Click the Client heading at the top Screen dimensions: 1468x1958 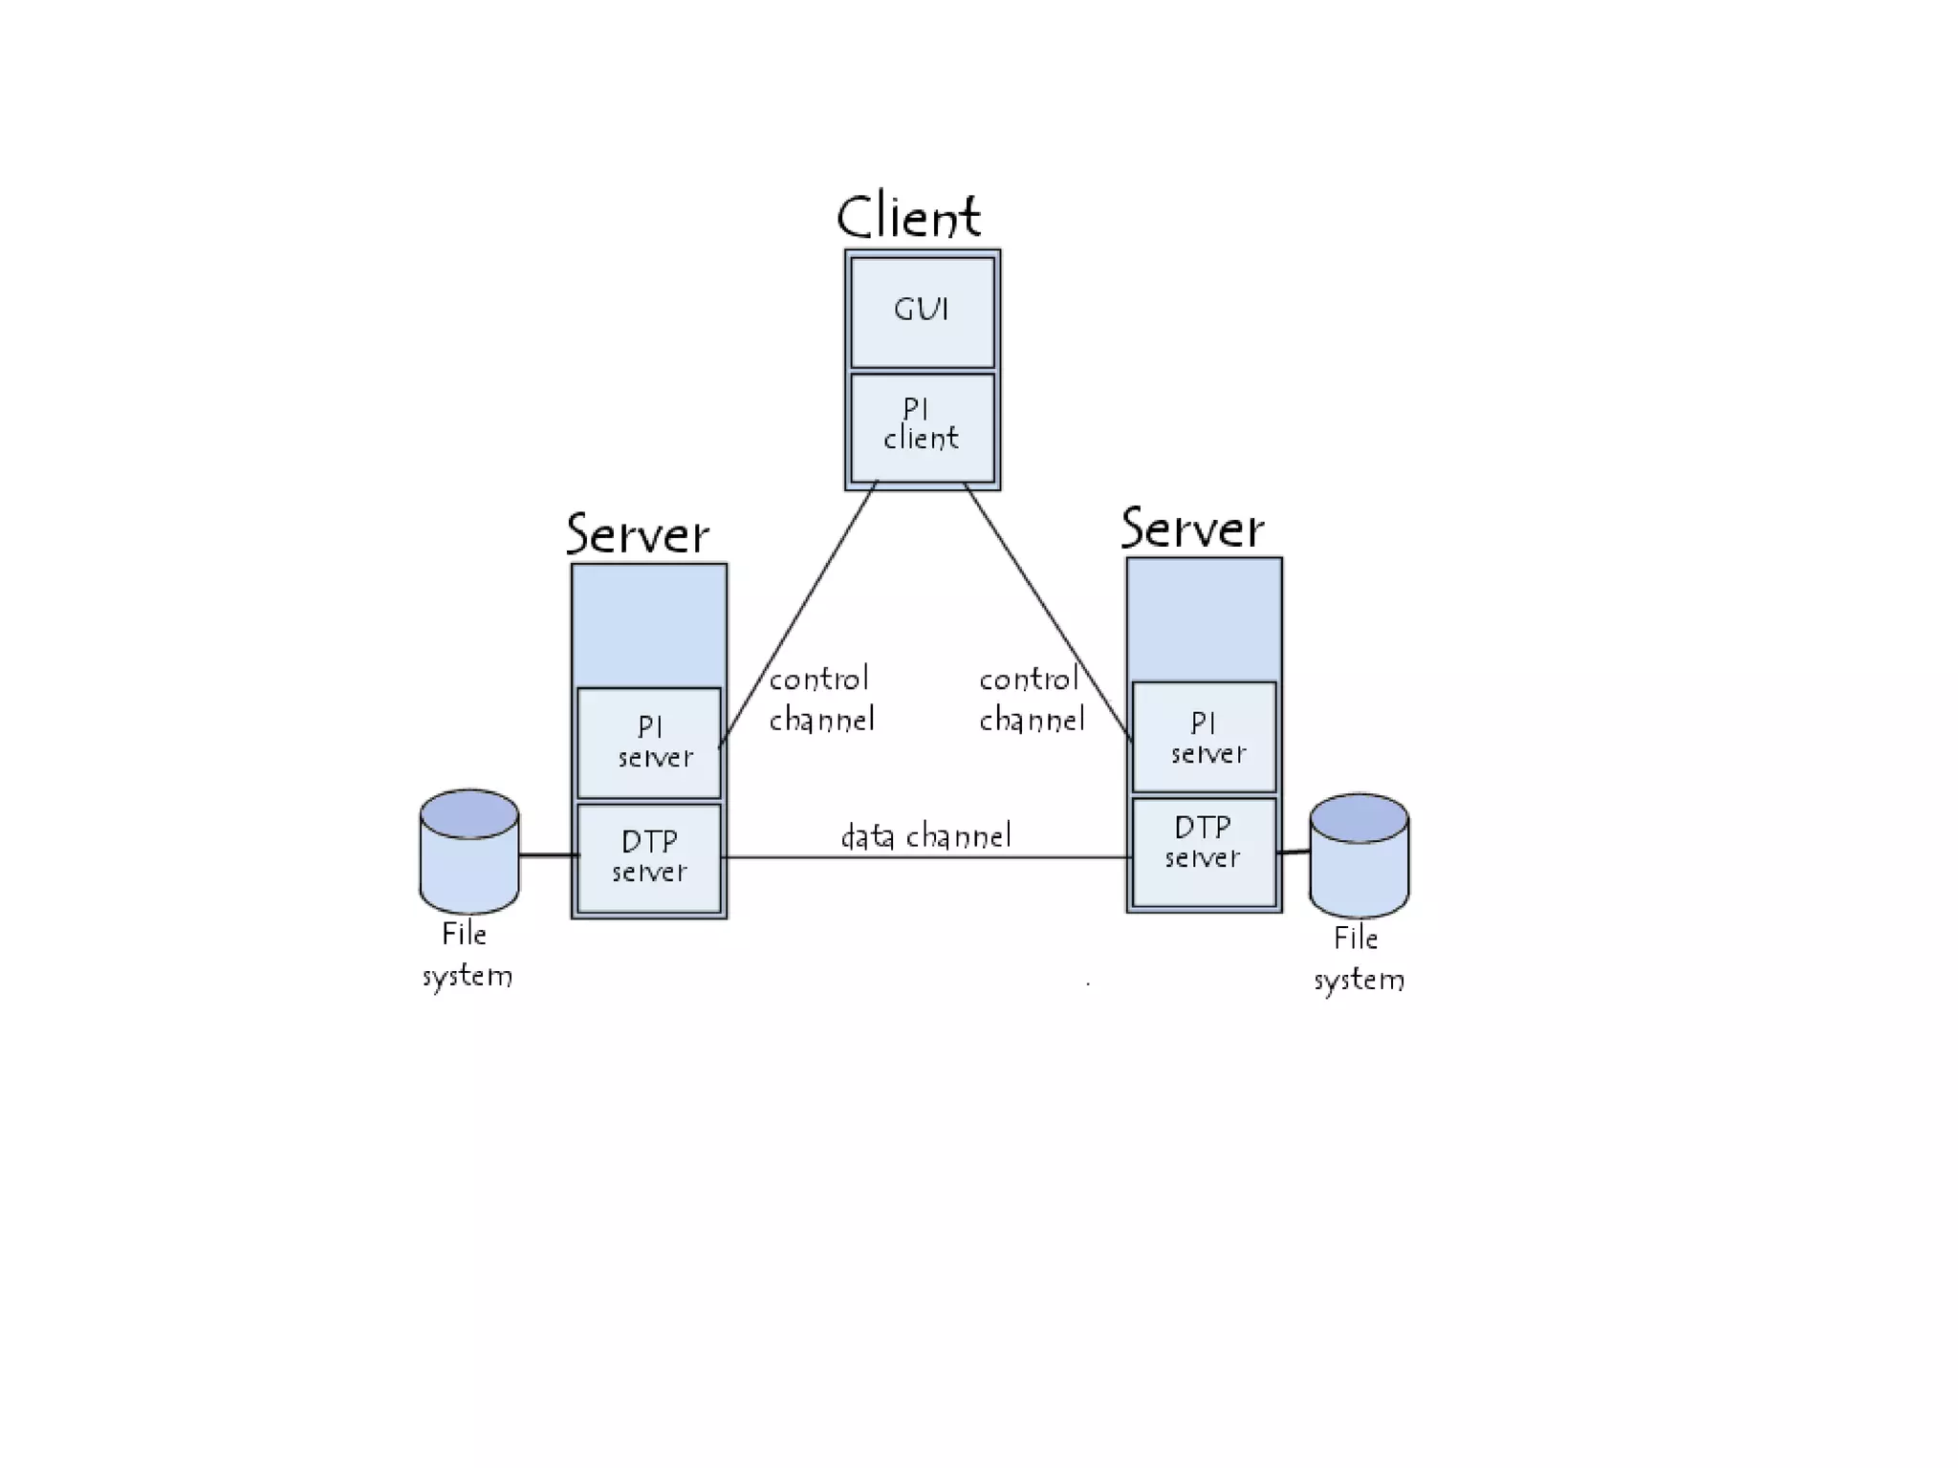(x=908, y=216)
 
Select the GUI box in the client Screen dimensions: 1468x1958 (x=922, y=312)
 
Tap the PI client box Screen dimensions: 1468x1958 (x=922, y=426)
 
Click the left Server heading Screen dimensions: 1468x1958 (x=637, y=533)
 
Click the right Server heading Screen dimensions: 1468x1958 (x=1191, y=528)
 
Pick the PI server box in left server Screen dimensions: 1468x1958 (x=649, y=743)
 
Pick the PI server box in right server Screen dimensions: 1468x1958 (x=1204, y=737)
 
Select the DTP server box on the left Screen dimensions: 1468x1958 (x=649, y=857)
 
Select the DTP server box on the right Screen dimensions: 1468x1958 (x=1204, y=852)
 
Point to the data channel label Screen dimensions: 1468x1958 (x=925, y=836)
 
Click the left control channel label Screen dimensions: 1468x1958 (x=820, y=700)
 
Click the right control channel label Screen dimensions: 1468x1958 (x=1031, y=700)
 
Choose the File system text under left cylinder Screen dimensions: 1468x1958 (x=467, y=955)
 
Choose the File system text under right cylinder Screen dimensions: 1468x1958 (x=1358, y=959)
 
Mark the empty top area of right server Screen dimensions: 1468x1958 (x=1204, y=619)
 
